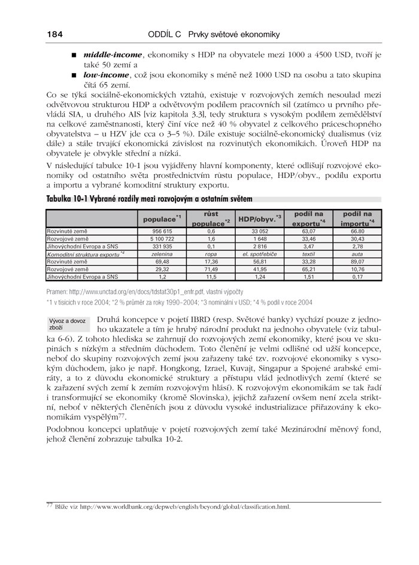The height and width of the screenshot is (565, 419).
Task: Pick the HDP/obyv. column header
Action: [260, 218]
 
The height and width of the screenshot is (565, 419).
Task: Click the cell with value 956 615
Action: [162, 230]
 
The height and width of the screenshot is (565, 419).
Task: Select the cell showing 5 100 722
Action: [162, 238]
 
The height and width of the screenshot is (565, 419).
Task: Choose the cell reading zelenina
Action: [162, 254]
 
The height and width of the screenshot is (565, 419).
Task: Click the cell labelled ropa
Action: [211, 254]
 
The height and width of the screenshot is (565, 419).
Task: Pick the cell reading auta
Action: [357, 254]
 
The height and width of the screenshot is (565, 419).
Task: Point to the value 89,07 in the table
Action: [357, 262]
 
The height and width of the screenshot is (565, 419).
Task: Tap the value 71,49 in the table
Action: [211, 269]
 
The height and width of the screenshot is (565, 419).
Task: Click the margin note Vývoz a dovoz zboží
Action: [67, 324]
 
